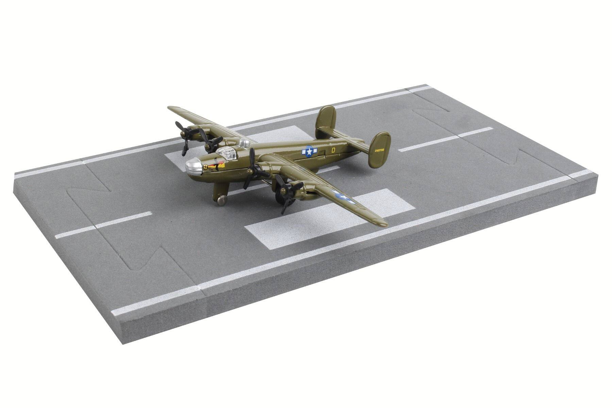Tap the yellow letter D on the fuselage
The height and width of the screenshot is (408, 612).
point(333,149)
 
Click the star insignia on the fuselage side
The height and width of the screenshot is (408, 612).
point(309,152)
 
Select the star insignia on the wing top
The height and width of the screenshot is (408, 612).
point(344,197)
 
